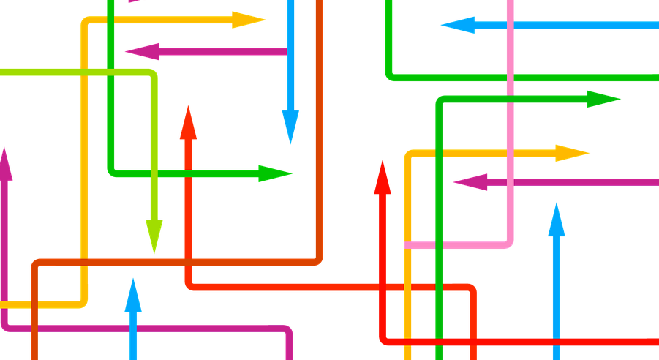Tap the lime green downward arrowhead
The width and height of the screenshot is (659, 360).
(x=154, y=236)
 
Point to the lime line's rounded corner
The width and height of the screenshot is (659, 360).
(x=151, y=74)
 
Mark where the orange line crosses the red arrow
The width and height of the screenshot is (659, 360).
(x=189, y=261)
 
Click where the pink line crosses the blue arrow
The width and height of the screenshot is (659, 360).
(x=510, y=26)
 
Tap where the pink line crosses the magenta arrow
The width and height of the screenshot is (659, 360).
(x=510, y=181)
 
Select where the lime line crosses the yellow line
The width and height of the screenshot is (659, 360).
(x=84, y=72)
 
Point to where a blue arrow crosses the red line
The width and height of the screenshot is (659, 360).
(x=557, y=341)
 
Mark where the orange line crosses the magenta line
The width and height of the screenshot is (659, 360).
(x=34, y=327)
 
